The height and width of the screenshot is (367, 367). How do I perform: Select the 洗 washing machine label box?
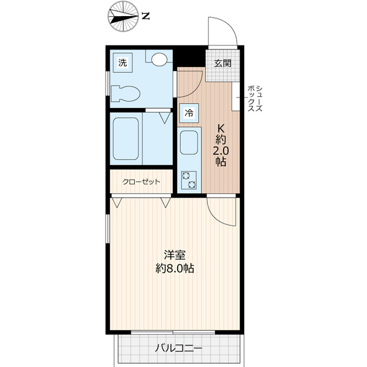[x=122, y=63]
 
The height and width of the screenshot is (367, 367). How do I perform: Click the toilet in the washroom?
[x=125, y=92]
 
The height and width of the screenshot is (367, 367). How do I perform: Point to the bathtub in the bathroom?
[x=126, y=140]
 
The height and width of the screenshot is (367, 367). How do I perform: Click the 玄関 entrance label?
[x=223, y=63]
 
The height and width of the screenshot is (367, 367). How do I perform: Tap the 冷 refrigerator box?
[x=188, y=114]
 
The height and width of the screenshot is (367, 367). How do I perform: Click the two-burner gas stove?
[x=189, y=181]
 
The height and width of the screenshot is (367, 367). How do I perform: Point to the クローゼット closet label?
[x=141, y=182]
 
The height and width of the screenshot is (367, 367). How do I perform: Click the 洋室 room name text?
[x=175, y=255]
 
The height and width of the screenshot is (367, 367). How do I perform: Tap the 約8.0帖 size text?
[x=175, y=268]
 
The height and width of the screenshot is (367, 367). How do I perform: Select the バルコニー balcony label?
[x=178, y=348]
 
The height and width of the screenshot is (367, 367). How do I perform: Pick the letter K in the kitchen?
[x=220, y=127]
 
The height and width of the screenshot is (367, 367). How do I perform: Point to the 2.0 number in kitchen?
[x=220, y=151]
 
